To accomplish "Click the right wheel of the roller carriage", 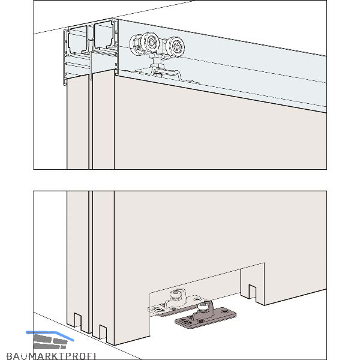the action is pyautogui.click(x=175, y=46).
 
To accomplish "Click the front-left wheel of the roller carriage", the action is pyautogui.click(x=151, y=43).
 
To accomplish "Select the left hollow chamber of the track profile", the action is pyautogui.click(x=77, y=39).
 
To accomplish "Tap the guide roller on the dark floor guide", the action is pyautogui.click(x=203, y=306).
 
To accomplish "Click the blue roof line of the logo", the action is pyautogui.click(x=50, y=334).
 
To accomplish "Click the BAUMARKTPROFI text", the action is pyautogui.click(x=51, y=356).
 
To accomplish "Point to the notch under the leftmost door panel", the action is pyautogui.click(x=77, y=320).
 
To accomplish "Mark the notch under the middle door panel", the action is pyautogui.click(x=103, y=332).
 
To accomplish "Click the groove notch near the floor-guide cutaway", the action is pyautogui.click(x=253, y=292).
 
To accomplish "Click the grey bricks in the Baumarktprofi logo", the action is pyautogui.click(x=50, y=341).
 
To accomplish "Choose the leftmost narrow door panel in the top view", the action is pyautogui.click(x=77, y=122).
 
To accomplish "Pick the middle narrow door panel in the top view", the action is pyautogui.click(x=103, y=119).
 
